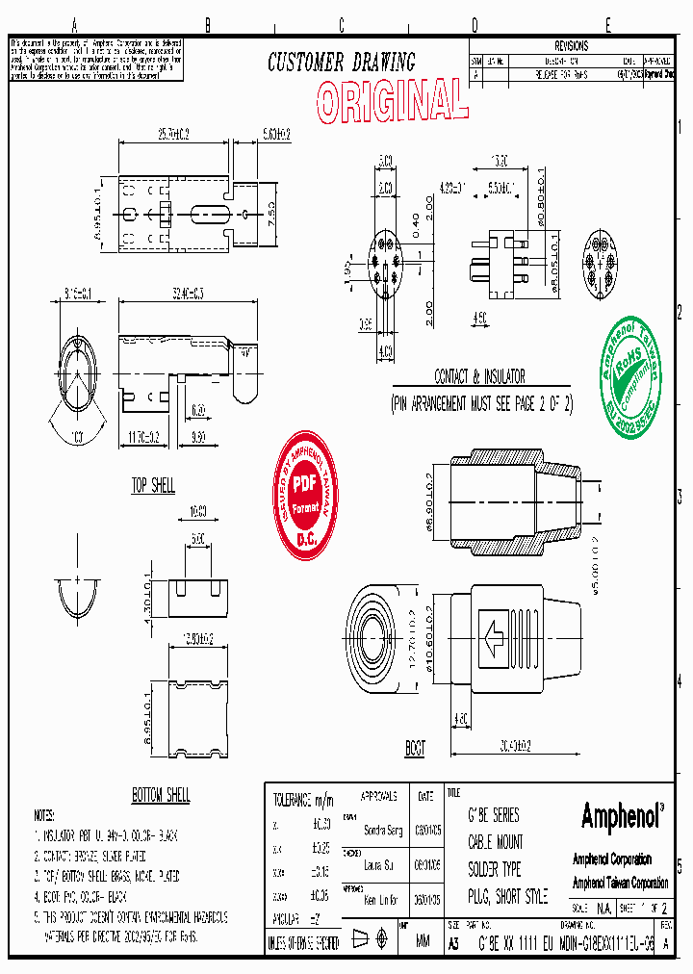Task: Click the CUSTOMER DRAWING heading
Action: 341,64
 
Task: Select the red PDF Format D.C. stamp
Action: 304,496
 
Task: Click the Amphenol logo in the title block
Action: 622,817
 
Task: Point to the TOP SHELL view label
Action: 153,486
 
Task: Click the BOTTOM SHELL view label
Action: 161,795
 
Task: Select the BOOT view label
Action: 415,748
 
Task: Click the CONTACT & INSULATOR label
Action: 480,377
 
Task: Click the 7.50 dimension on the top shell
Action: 270,210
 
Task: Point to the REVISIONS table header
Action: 571,46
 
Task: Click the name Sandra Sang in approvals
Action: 383,830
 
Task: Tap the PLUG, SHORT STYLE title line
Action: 507,897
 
